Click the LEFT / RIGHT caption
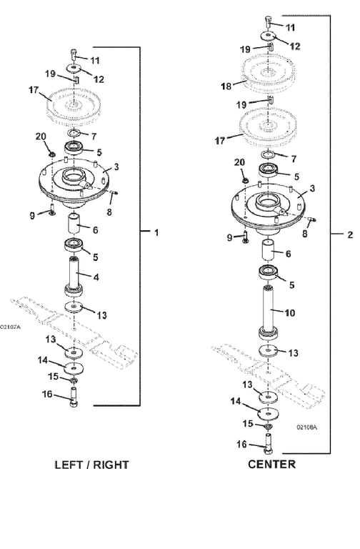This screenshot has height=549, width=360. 92,465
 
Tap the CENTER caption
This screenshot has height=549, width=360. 272,464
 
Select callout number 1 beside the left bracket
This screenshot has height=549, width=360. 156,232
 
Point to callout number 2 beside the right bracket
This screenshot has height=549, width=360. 350,234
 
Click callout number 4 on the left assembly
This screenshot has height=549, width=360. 96,277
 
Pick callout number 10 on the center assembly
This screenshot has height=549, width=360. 290,312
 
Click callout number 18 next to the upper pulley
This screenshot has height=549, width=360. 226,86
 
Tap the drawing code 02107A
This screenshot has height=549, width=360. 10,327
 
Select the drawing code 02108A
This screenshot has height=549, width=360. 307,427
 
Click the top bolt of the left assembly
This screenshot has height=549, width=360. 74,54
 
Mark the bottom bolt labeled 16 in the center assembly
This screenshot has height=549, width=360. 268,443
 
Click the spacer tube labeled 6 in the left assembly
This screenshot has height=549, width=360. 74,223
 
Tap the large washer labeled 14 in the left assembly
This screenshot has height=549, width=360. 74,368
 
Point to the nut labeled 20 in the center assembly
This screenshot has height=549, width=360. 246,180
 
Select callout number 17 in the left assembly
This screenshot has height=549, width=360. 34,90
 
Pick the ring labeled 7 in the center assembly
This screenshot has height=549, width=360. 268,154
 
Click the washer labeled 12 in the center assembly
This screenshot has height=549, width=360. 268,36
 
